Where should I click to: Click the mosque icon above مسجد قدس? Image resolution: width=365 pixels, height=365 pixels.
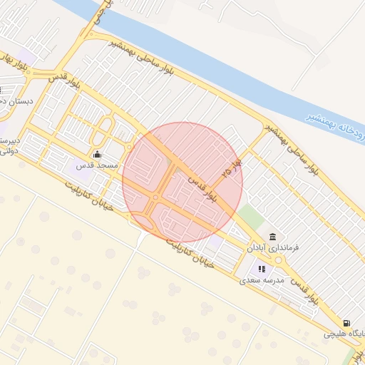[x=97, y=155]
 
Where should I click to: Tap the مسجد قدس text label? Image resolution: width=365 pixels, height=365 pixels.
[x=97, y=165]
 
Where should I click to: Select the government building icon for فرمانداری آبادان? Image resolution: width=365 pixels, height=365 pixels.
[x=272, y=237]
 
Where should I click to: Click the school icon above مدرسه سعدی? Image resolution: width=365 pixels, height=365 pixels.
[x=262, y=269]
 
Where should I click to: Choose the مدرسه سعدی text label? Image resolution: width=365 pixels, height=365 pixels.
[x=262, y=280]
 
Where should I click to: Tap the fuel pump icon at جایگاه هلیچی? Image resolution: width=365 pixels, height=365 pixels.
[x=346, y=323]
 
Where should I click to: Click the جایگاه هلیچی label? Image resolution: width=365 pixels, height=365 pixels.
[x=344, y=333]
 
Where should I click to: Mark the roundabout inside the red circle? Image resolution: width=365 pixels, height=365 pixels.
[x=155, y=197]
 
